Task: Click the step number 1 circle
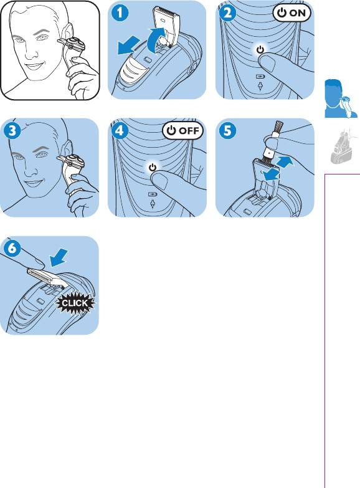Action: tap(120, 13)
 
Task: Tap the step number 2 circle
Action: tap(227, 13)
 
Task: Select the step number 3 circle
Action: tap(12, 131)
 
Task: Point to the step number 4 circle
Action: tap(120, 131)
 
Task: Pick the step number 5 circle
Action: tap(227, 131)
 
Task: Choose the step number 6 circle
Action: tap(12, 248)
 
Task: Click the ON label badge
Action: tap(291, 13)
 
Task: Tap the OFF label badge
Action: tap(182, 131)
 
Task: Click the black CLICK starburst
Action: tap(75, 303)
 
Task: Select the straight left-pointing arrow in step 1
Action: tap(129, 45)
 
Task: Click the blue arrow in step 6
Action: tap(59, 257)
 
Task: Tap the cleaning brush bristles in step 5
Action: tap(278, 127)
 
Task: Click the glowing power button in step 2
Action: tap(260, 50)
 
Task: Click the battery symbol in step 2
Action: tap(260, 76)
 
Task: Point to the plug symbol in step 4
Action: tap(152, 204)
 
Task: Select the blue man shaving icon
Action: tap(341, 98)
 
